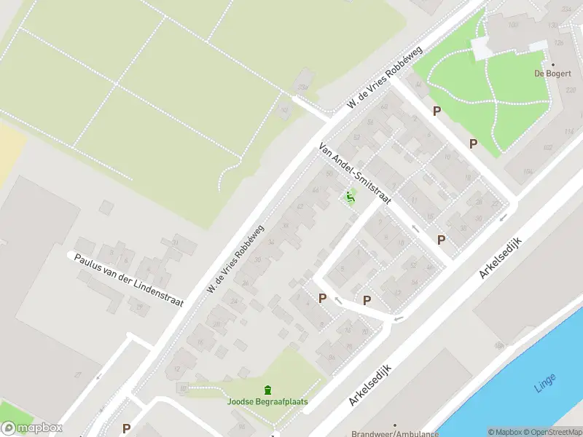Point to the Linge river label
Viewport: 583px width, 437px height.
[544, 382]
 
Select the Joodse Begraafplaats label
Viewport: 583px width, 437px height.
[267, 401]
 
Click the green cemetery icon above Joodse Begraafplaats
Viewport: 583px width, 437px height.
[267, 390]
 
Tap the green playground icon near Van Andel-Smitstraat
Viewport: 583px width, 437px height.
[351, 197]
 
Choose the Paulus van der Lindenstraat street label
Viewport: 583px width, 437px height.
[129, 280]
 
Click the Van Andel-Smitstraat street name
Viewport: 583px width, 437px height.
[355, 173]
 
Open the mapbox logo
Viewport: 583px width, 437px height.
[31, 428]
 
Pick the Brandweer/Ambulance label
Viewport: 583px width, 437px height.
[395, 433]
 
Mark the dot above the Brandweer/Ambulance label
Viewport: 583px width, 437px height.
[395, 424]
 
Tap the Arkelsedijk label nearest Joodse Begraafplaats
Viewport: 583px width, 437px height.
[370, 385]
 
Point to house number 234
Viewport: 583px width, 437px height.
[567, 9]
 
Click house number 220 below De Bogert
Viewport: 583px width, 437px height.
[569, 90]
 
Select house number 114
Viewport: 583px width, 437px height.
[568, 131]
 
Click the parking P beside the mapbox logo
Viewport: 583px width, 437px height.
[126, 429]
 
